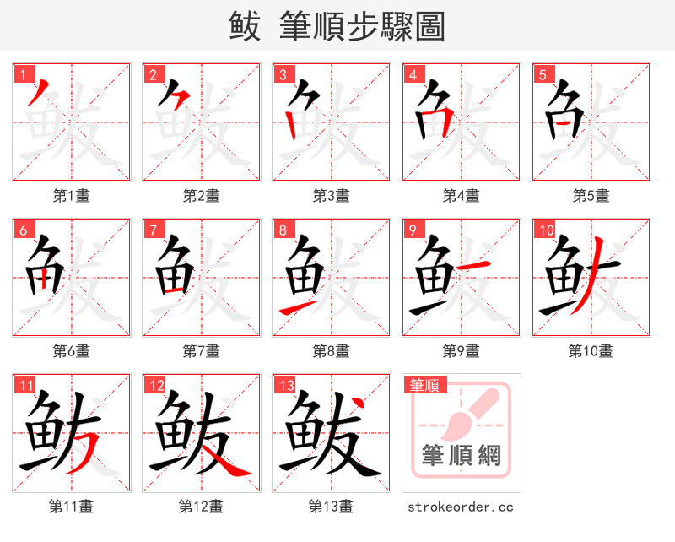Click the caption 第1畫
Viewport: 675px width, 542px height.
click(72, 196)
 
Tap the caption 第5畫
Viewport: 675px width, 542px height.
click(591, 196)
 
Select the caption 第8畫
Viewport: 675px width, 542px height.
click(331, 350)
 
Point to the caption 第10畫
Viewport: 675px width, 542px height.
click(591, 350)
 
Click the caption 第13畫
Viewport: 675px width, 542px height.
click(331, 507)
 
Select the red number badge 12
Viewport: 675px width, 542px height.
click(154, 386)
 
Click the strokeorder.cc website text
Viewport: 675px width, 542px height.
click(461, 507)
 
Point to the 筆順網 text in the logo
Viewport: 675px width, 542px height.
click(462, 456)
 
